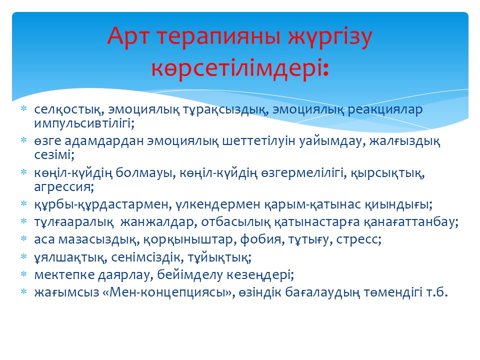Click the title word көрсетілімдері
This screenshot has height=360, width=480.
tap(239, 67)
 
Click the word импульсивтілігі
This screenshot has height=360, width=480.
tap(84, 123)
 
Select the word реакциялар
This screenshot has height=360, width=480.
tap(385, 110)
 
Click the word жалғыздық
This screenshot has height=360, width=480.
tap(404, 141)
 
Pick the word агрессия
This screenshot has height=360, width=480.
tap(63, 186)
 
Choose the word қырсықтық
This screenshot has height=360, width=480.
tap(387, 173)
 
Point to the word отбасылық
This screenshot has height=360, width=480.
tap(235, 222)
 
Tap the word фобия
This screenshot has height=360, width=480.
tap(260, 239)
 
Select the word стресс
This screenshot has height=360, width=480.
tap(359, 239)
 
